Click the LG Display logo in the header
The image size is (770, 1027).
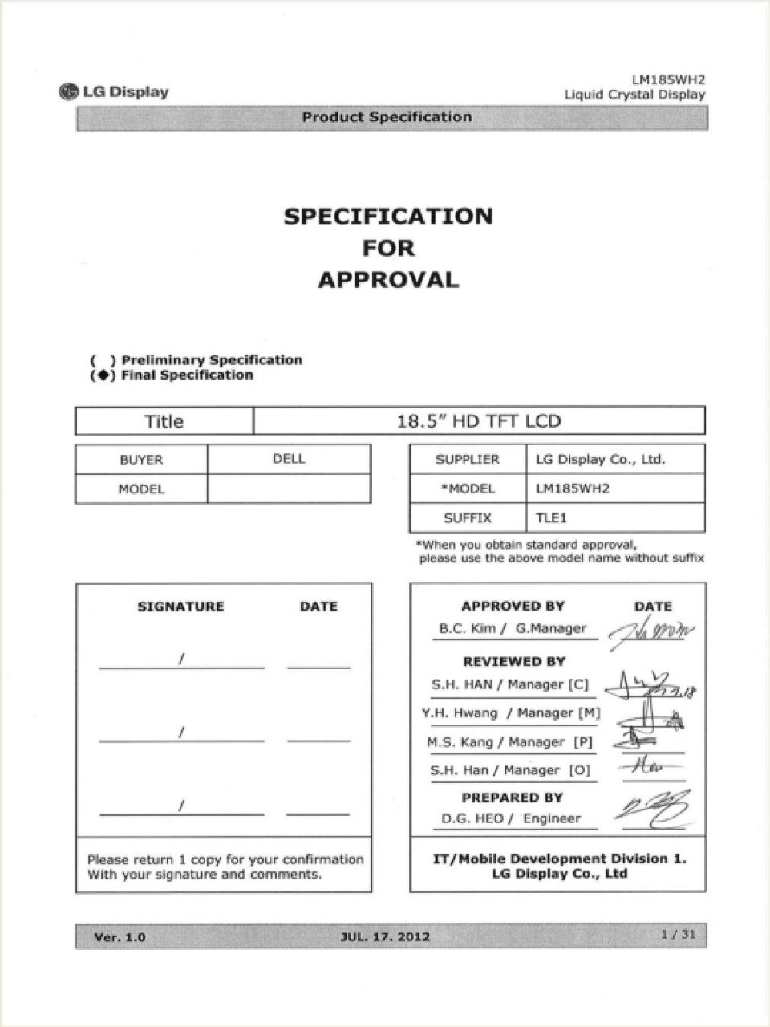(114, 91)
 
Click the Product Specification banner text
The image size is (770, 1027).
(387, 117)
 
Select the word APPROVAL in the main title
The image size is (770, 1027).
(388, 280)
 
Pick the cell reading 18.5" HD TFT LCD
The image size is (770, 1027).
(479, 421)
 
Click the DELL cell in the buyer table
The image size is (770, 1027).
(289, 459)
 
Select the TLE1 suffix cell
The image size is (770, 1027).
(552, 518)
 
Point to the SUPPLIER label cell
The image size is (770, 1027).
(467, 460)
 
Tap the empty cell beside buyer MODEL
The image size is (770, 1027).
(289, 489)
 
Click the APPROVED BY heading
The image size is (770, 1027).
(513, 607)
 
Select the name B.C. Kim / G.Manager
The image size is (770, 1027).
(513, 629)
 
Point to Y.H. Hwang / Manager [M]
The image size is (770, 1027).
(511, 713)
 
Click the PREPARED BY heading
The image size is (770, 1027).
(512, 798)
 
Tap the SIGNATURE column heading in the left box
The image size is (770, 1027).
(180, 607)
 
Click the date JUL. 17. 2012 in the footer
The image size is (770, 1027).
(385, 936)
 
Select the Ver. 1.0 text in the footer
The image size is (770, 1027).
(120, 936)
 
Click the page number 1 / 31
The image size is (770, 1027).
(678, 935)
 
